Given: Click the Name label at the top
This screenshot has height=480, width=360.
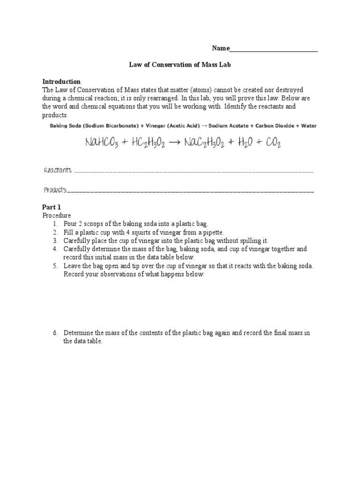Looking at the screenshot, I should [221, 48].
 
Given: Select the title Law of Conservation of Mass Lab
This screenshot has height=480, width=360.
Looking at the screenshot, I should [180, 65].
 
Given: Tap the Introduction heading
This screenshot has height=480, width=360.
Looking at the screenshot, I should [61, 82].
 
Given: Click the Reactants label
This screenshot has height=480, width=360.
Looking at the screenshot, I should [58, 171].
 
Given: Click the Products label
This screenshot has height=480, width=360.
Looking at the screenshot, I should [55, 190].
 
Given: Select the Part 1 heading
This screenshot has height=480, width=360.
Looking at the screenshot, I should [52, 207].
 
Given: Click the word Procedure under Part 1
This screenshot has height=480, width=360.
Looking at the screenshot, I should [56, 215].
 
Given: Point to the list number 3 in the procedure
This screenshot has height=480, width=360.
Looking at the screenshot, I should [55, 240].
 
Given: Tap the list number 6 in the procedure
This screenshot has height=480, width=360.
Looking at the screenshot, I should [55, 333].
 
